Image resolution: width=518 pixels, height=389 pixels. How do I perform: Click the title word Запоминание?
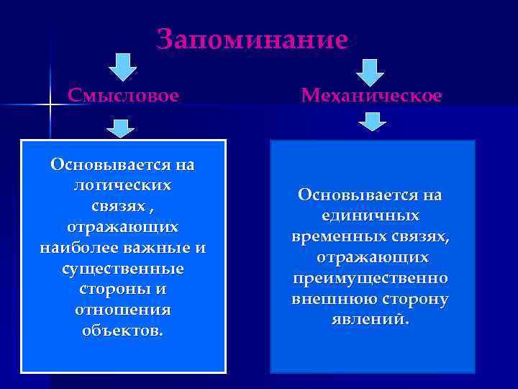[x=252, y=39]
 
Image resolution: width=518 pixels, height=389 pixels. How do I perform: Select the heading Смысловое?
[x=123, y=95]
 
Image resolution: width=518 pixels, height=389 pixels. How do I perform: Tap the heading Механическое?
[x=372, y=95]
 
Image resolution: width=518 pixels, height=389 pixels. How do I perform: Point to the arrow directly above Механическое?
[x=371, y=71]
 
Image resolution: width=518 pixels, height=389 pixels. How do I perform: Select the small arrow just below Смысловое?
[x=121, y=129]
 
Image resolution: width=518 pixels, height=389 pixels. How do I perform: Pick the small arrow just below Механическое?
[x=372, y=122]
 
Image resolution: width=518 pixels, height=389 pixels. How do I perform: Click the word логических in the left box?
[x=123, y=185]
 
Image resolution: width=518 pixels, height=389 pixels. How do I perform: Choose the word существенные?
[x=123, y=269]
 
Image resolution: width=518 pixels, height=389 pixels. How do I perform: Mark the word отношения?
[x=123, y=310]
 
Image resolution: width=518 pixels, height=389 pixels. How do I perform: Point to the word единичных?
[x=371, y=216]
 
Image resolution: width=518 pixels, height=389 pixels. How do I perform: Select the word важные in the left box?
[x=166, y=248]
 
